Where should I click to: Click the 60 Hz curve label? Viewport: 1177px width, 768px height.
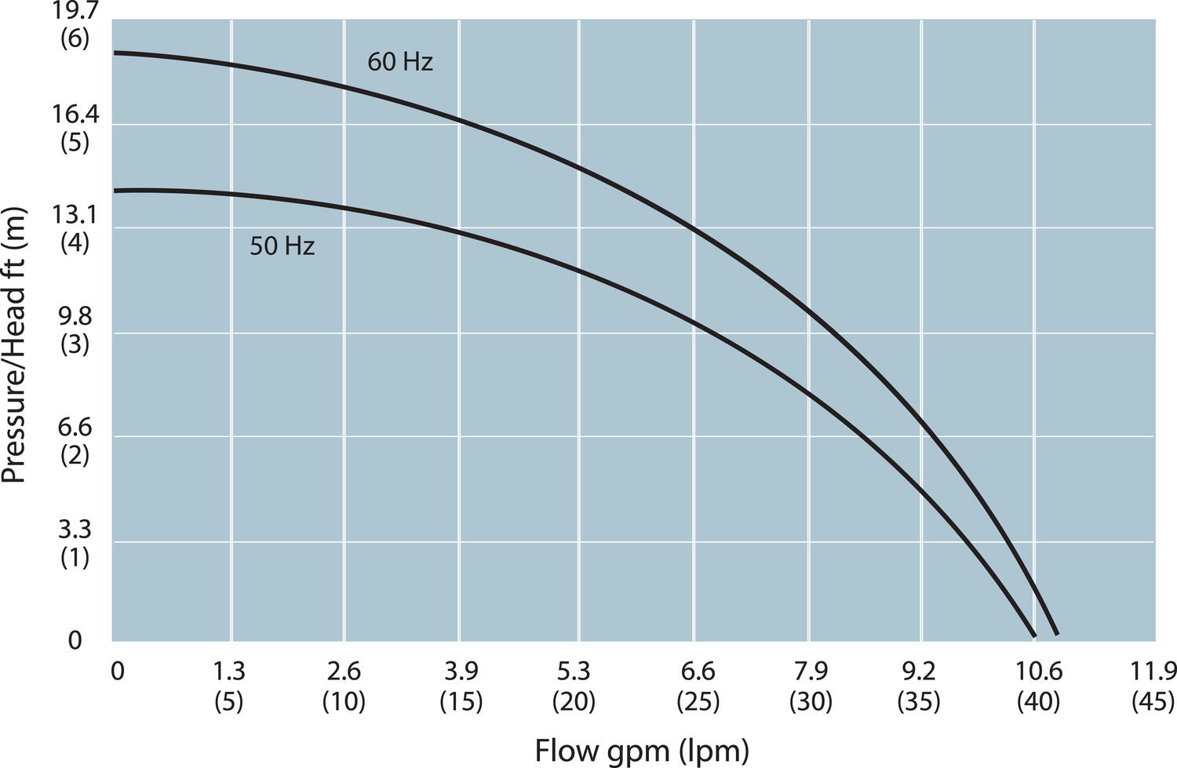click(400, 61)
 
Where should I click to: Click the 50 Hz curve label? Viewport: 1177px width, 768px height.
click(282, 246)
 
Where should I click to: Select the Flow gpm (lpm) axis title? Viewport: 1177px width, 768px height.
click(642, 751)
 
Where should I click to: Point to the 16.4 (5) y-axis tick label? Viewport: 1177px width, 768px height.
click(75, 129)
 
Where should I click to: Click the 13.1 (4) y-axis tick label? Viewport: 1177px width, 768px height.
click(75, 227)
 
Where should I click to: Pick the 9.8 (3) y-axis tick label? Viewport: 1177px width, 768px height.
click(75, 330)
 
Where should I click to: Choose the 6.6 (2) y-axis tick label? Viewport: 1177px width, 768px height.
click(75, 441)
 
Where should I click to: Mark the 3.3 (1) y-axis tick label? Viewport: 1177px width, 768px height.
click(75, 544)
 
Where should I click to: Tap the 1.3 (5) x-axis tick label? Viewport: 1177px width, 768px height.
click(229, 686)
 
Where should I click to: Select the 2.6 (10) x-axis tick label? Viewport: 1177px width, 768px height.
click(344, 686)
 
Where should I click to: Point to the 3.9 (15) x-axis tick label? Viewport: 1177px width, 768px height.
click(461, 686)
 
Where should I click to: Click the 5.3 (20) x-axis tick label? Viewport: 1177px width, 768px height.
click(574, 686)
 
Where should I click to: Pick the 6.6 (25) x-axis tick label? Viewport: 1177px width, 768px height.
click(698, 686)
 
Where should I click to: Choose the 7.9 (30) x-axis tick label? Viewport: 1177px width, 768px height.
click(811, 686)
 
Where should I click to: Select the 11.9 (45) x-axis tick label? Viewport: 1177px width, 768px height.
click(1153, 686)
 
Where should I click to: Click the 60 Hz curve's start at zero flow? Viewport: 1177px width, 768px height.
click(115, 53)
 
